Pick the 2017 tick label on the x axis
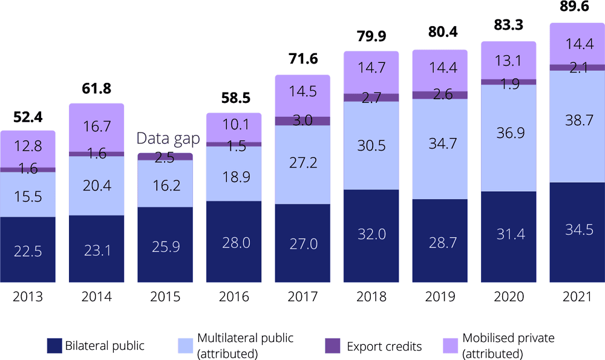tap(302, 297)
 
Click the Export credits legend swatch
tap(332, 345)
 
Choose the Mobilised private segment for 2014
tap(96, 128)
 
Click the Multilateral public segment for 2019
tap(440, 149)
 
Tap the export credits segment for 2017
tap(302, 121)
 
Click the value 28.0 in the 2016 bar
tap(234, 241)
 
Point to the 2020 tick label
tap(508, 297)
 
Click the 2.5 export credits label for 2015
tap(165, 157)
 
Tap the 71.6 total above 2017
tap(302, 60)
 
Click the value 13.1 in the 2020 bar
tap(508, 60)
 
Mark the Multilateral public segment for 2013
tap(28, 194)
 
